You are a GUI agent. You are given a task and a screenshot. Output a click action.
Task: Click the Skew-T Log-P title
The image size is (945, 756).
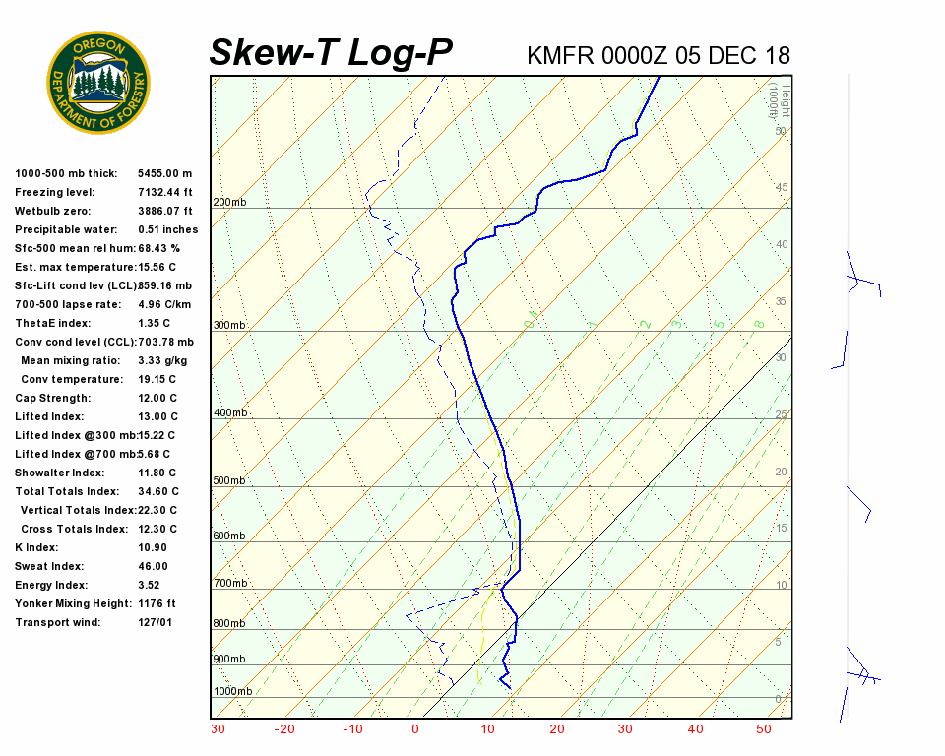point(331,53)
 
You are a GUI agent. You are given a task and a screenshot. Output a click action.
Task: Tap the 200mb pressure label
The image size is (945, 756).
point(229,203)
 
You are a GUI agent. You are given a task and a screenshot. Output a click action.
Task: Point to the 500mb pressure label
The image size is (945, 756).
point(229,481)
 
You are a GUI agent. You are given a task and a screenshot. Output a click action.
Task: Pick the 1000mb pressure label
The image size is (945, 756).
point(232,692)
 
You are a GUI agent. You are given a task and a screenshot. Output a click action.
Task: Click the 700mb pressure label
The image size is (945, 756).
point(229,584)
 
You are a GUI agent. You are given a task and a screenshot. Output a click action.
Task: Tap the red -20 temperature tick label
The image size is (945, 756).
point(284,729)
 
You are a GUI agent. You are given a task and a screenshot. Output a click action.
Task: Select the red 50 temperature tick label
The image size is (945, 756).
point(764,729)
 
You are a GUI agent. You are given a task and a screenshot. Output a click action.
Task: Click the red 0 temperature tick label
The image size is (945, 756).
point(415,729)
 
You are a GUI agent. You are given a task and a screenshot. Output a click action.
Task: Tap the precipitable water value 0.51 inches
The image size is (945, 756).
point(167,229)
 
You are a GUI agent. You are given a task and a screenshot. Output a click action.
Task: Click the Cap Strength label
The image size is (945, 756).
point(52,398)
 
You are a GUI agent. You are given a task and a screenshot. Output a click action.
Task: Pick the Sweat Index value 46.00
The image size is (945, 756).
point(154,566)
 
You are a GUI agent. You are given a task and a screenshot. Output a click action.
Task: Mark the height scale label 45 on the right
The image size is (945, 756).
point(781,188)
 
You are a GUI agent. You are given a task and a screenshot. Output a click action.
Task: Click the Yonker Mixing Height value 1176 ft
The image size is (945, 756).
point(157,603)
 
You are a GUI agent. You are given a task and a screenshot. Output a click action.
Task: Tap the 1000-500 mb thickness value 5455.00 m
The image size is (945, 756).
point(165,173)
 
